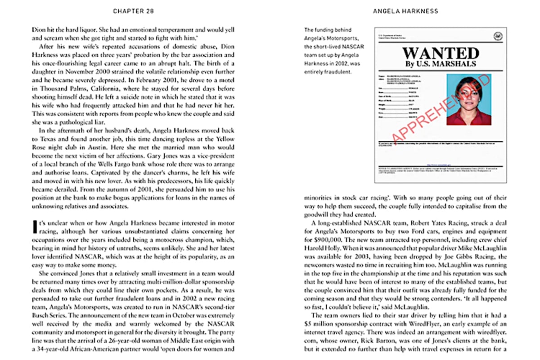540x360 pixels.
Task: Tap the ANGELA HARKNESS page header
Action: (405, 11)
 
